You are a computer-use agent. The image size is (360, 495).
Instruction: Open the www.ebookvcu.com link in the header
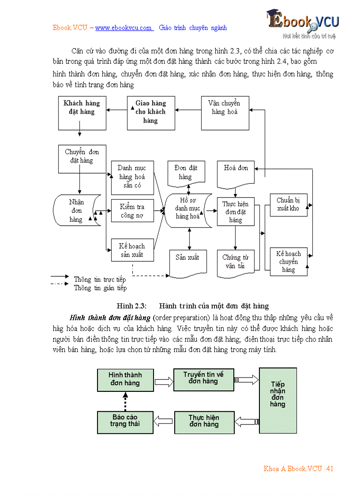(124, 28)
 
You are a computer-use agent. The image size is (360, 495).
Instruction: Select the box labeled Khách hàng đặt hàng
(82, 113)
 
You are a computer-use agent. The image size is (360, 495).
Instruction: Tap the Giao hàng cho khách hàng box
(150, 113)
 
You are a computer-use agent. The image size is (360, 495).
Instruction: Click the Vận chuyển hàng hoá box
(225, 113)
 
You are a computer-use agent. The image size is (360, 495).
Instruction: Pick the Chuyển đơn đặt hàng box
(82, 159)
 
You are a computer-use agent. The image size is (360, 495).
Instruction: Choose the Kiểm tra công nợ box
(132, 211)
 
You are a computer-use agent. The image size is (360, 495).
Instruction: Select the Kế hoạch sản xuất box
(132, 250)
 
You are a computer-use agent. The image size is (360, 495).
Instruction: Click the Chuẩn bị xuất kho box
(289, 205)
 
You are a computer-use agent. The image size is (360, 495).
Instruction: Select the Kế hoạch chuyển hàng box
(289, 261)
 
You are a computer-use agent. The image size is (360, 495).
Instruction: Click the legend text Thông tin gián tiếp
(100, 288)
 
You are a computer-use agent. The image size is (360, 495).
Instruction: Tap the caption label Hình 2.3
(131, 306)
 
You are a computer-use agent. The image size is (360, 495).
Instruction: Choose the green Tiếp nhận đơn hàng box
(278, 400)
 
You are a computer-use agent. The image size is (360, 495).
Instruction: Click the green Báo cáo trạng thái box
(125, 421)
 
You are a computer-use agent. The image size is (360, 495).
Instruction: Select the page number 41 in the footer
(330, 469)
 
